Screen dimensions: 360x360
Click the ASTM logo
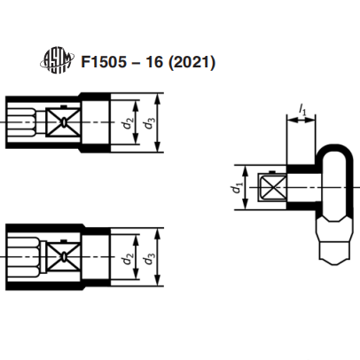click(x=57, y=61)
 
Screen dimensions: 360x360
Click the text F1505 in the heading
click(x=104, y=62)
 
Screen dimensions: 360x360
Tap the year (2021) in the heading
click(x=192, y=62)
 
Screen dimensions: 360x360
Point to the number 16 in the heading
click(x=154, y=62)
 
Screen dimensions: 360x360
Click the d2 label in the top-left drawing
click(x=128, y=123)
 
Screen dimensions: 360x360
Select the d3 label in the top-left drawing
click(x=150, y=123)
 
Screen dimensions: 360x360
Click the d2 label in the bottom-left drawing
click(x=128, y=258)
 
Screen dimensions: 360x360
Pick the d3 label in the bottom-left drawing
click(x=150, y=258)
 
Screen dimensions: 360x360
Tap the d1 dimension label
click(x=238, y=188)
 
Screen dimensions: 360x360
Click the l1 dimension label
click(x=302, y=111)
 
